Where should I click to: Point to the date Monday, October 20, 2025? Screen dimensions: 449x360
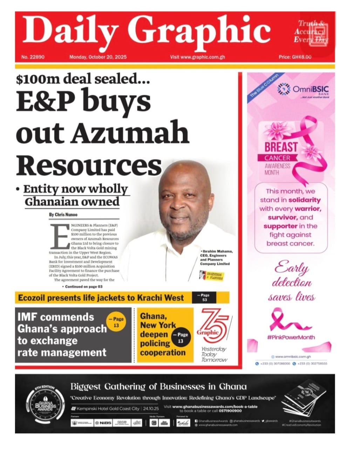pos(98,57)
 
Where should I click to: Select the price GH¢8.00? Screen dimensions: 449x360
pos(295,57)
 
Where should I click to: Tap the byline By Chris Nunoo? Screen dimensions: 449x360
pos(63,214)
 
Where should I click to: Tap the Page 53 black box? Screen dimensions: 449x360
pos(204,297)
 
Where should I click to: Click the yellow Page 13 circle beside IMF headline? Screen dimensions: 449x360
pos(116,322)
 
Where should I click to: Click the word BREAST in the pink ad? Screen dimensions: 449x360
pos(281,147)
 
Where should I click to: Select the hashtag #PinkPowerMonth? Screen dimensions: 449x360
pos(291,337)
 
